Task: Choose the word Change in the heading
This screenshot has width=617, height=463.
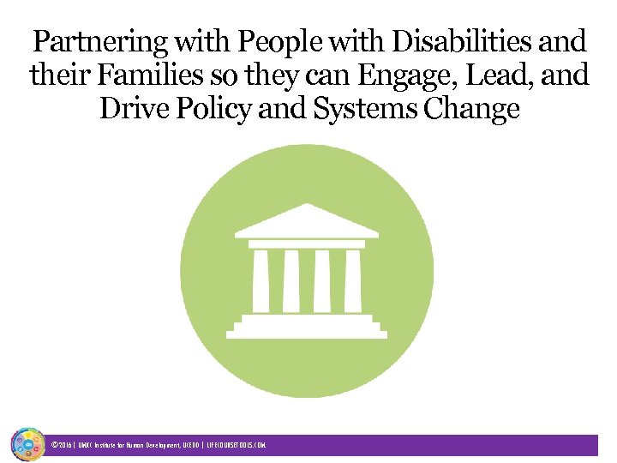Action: pos(478,110)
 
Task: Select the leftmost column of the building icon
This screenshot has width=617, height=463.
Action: pos(261,281)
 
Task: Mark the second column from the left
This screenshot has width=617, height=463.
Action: pos(291,281)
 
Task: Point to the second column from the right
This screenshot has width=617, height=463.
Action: pos(322,281)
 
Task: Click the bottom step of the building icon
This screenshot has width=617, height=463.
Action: pos(307,332)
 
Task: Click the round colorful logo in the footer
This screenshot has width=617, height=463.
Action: pos(27,444)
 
